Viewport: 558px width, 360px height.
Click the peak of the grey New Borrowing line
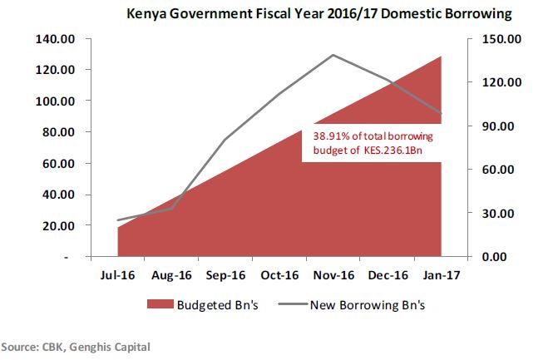[x=333, y=55]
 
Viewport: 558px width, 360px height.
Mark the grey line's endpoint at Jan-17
[x=442, y=114]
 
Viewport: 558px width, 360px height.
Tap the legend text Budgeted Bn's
[x=220, y=303]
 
